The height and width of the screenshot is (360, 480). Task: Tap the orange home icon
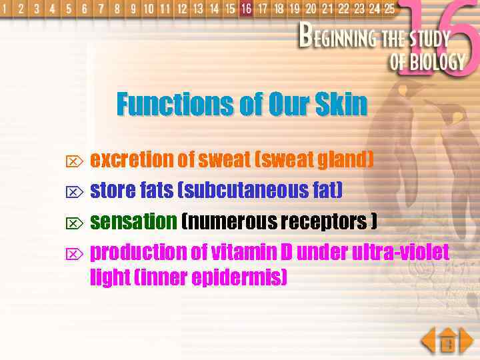click(x=449, y=342)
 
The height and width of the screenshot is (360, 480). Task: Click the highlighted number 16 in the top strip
click(x=246, y=9)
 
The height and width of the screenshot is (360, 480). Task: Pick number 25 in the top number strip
click(x=389, y=9)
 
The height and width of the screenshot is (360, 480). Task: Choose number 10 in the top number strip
click(x=148, y=9)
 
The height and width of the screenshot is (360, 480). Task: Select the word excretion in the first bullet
click(x=131, y=160)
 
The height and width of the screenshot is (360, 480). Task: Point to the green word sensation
click(x=133, y=221)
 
